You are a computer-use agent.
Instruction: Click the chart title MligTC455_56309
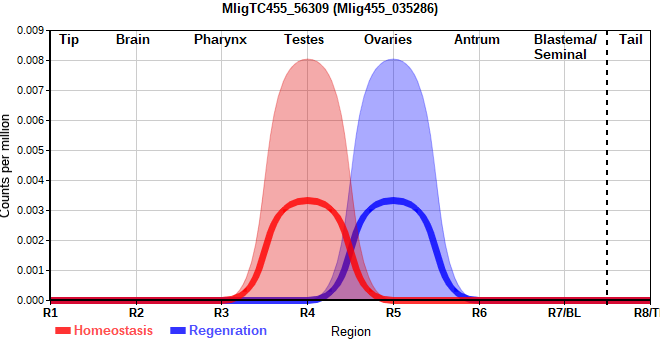coord(275,8)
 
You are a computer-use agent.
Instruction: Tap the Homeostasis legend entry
coord(104,331)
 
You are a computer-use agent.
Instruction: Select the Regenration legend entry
coord(218,331)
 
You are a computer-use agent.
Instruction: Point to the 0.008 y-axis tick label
coord(30,60)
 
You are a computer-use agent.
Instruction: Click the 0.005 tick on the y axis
coord(30,150)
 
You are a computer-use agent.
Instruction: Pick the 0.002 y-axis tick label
coord(30,240)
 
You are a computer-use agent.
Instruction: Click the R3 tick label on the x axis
coord(221,313)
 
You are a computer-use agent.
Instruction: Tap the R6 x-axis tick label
coord(479,313)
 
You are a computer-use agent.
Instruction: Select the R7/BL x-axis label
coord(564,313)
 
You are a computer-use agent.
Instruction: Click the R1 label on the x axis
coord(50,313)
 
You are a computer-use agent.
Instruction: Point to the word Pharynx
coord(220,40)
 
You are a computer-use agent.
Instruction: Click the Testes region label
coord(304,40)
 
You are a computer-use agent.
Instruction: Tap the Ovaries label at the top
coord(388,40)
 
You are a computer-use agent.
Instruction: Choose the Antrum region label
coord(477,40)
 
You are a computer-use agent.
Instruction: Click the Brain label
coord(133,40)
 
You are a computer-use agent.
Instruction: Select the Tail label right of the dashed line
coord(631,40)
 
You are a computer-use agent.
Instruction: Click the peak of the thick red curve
coord(308,201)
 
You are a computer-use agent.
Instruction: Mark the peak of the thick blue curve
coord(394,201)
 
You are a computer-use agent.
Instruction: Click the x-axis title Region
coord(351,332)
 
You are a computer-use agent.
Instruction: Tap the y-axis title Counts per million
coord(5,166)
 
